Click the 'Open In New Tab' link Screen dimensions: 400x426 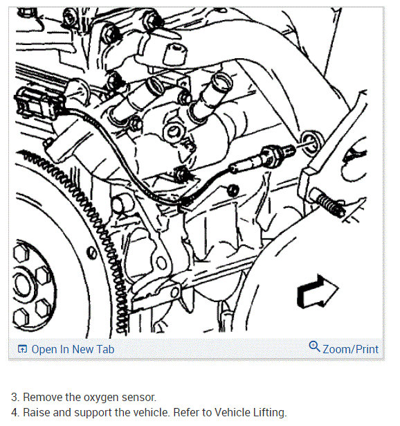pyautogui.click(x=73, y=349)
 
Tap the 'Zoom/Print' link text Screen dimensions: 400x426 pyautogui.click(x=350, y=349)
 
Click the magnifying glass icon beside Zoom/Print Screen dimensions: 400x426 pyautogui.click(x=314, y=346)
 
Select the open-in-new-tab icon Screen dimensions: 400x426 pyautogui.click(x=22, y=349)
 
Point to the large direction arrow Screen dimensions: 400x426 pyautogui.click(x=318, y=292)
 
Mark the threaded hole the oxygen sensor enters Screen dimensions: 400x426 pyautogui.click(x=312, y=143)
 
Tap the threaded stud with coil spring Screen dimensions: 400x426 pyautogui.click(x=327, y=202)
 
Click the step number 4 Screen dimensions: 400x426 pyautogui.click(x=15, y=412)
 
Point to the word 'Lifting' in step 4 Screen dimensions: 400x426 pyautogui.click(x=270, y=412)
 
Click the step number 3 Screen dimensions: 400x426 pyautogui.click(x=15, y=397)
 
